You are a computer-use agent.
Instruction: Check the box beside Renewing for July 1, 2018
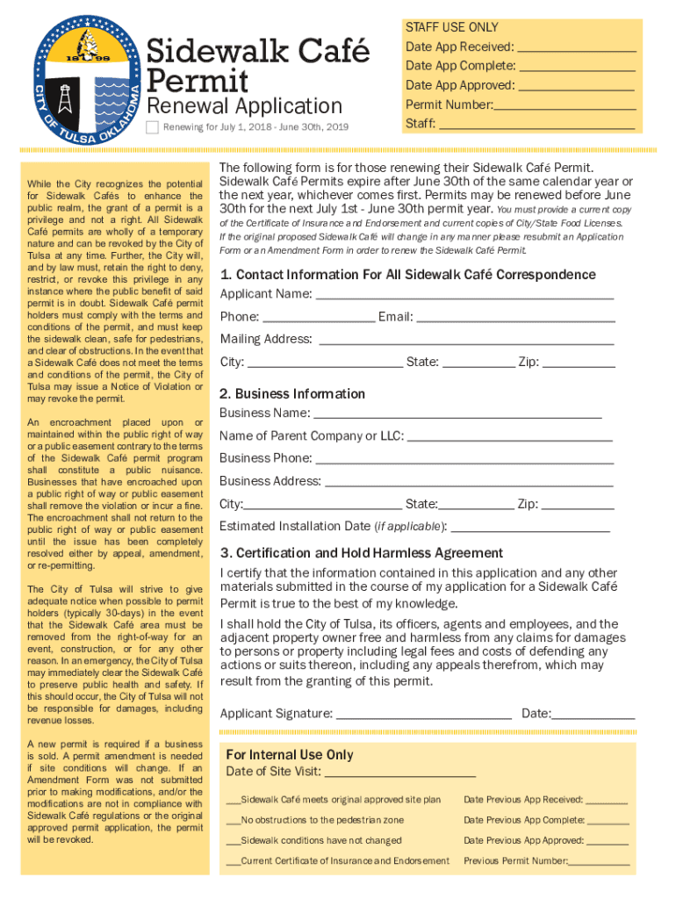tap(152, 128)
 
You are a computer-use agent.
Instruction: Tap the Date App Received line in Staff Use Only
tap(576, 47)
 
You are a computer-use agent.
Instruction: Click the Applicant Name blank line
tap(464, 294)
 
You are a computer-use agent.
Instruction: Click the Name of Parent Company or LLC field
tap(509, 436)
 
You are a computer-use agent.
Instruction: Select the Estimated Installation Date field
tap(530, 528)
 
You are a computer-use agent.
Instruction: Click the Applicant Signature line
tap(424, 714)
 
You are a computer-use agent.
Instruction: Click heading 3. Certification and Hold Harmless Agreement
tap(362, 553)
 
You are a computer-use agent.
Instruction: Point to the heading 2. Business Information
tap(291, 393)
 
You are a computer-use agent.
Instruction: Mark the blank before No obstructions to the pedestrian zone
tap(233, 820)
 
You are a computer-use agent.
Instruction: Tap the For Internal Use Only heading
tap(290, 755)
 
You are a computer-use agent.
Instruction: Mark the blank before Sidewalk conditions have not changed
tap(233, 840)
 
